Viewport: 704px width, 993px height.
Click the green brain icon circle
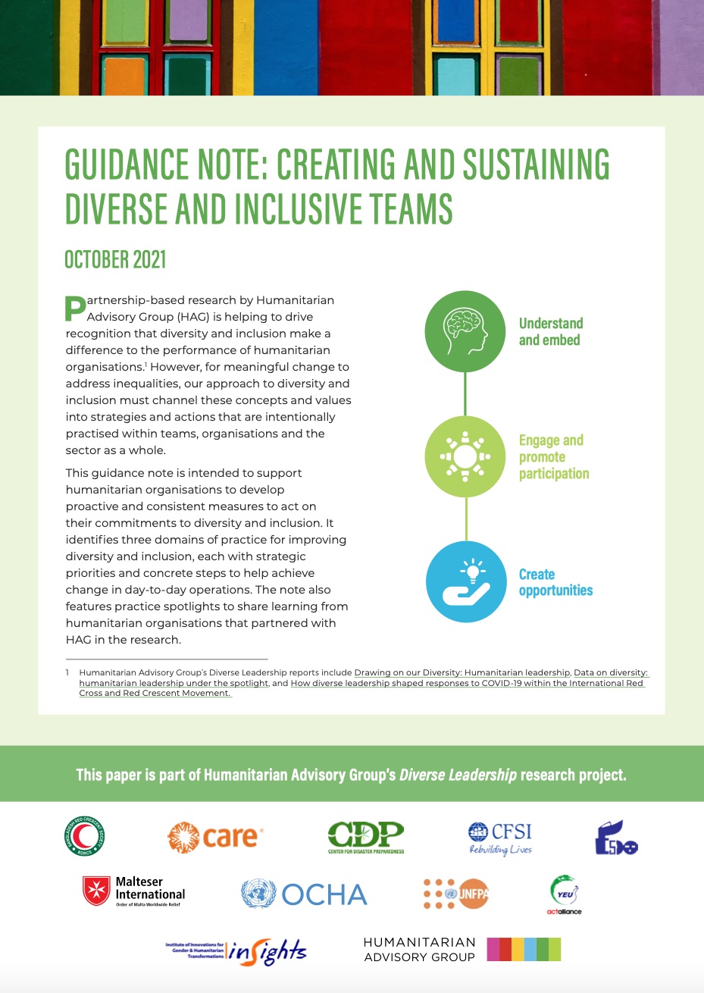465,331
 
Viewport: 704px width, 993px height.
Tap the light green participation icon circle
465,456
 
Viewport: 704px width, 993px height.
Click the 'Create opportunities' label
555,582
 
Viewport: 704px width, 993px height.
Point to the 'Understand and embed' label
551,331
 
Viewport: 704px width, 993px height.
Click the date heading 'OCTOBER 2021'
115,259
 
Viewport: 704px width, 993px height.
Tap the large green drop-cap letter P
76,309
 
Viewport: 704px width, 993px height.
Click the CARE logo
215,837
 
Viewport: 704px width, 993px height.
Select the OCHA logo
304,894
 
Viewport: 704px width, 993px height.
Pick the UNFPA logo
456,894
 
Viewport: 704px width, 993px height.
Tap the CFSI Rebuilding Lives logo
500,838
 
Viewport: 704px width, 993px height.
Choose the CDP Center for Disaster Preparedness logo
365,838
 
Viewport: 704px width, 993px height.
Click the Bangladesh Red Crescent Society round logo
85,837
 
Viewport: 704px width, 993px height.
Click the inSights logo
236,951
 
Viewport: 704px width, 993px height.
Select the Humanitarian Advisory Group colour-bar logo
462,949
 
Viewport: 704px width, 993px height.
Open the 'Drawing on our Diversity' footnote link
462,672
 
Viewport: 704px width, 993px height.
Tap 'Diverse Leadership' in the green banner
458,775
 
